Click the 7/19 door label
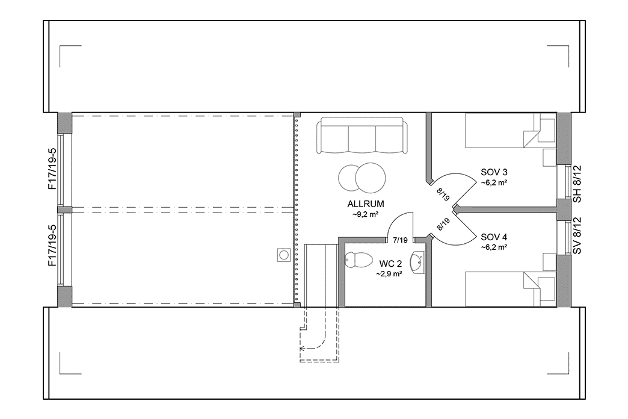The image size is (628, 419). point(399,240)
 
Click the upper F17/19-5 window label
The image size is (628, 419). point(52,169)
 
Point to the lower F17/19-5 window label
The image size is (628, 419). point(52,246)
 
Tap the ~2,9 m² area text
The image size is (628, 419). point(389,273)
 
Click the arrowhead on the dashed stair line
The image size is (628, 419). point(303,347)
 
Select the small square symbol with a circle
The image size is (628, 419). point(283,255)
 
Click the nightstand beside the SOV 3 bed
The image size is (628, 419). point(549,157)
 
